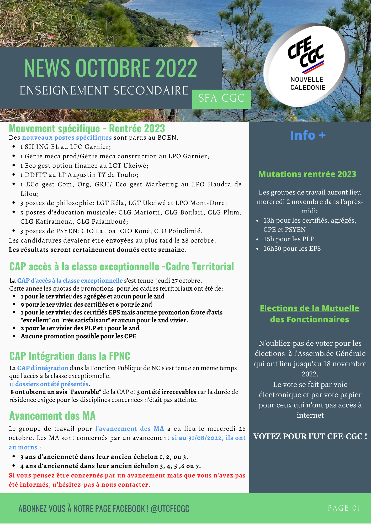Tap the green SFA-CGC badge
[221, 98]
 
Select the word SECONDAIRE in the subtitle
[151, 91]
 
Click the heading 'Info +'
[308, 135]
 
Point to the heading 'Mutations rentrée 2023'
[307, 174]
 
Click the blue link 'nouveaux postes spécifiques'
[67, 138]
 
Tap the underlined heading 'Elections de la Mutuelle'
[309, 308]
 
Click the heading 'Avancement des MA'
[52, 416]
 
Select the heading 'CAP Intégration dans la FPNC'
[70, 356]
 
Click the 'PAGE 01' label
[344, 508]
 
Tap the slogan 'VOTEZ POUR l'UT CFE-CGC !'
[310, 437]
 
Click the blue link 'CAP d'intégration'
[43, 368]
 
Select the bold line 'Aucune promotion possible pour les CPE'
[79, 336]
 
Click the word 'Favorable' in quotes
[84, 392]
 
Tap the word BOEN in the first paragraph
[167, 138]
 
